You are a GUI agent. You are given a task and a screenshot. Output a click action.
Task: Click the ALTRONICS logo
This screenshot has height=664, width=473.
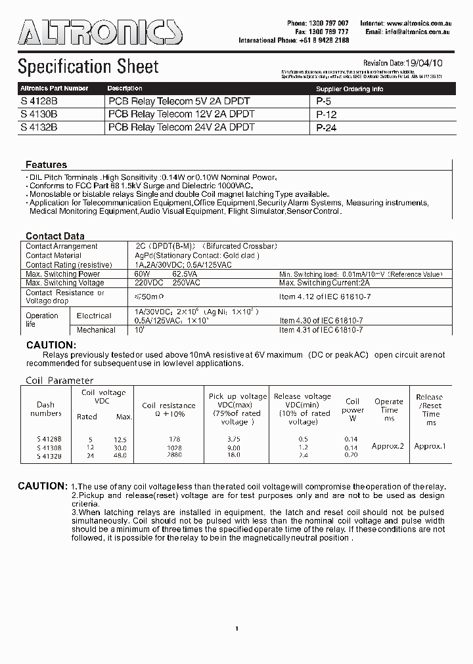click(100, 31)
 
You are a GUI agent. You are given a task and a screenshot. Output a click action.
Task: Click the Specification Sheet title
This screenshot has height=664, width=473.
click(88, 67)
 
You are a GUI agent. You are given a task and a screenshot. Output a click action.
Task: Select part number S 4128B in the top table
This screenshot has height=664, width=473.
click(39, 102)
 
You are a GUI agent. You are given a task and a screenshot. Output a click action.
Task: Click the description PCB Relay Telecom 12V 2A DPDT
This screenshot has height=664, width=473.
click(181, 114)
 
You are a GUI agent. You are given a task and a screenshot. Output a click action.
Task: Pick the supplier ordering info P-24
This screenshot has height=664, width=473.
click(327, 128)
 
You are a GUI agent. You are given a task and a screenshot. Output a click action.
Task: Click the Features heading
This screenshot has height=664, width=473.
click(46, 165)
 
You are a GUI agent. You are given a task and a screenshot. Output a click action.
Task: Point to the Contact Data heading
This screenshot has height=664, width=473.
click(55, 236)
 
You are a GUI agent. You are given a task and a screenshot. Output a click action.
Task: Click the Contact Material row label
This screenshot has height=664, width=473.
click(53, 255)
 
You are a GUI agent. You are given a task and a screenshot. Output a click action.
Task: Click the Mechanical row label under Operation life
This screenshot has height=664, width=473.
click(96, 330)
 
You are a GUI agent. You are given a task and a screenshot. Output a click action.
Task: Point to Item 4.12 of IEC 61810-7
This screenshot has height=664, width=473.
click(325, 297)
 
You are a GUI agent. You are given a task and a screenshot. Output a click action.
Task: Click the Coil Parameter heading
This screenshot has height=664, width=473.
click(60, 381)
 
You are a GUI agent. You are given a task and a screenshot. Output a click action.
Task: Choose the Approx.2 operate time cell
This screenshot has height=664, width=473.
click(388, 446)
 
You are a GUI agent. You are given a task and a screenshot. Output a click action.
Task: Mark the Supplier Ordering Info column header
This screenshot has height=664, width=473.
click(349, 89)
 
